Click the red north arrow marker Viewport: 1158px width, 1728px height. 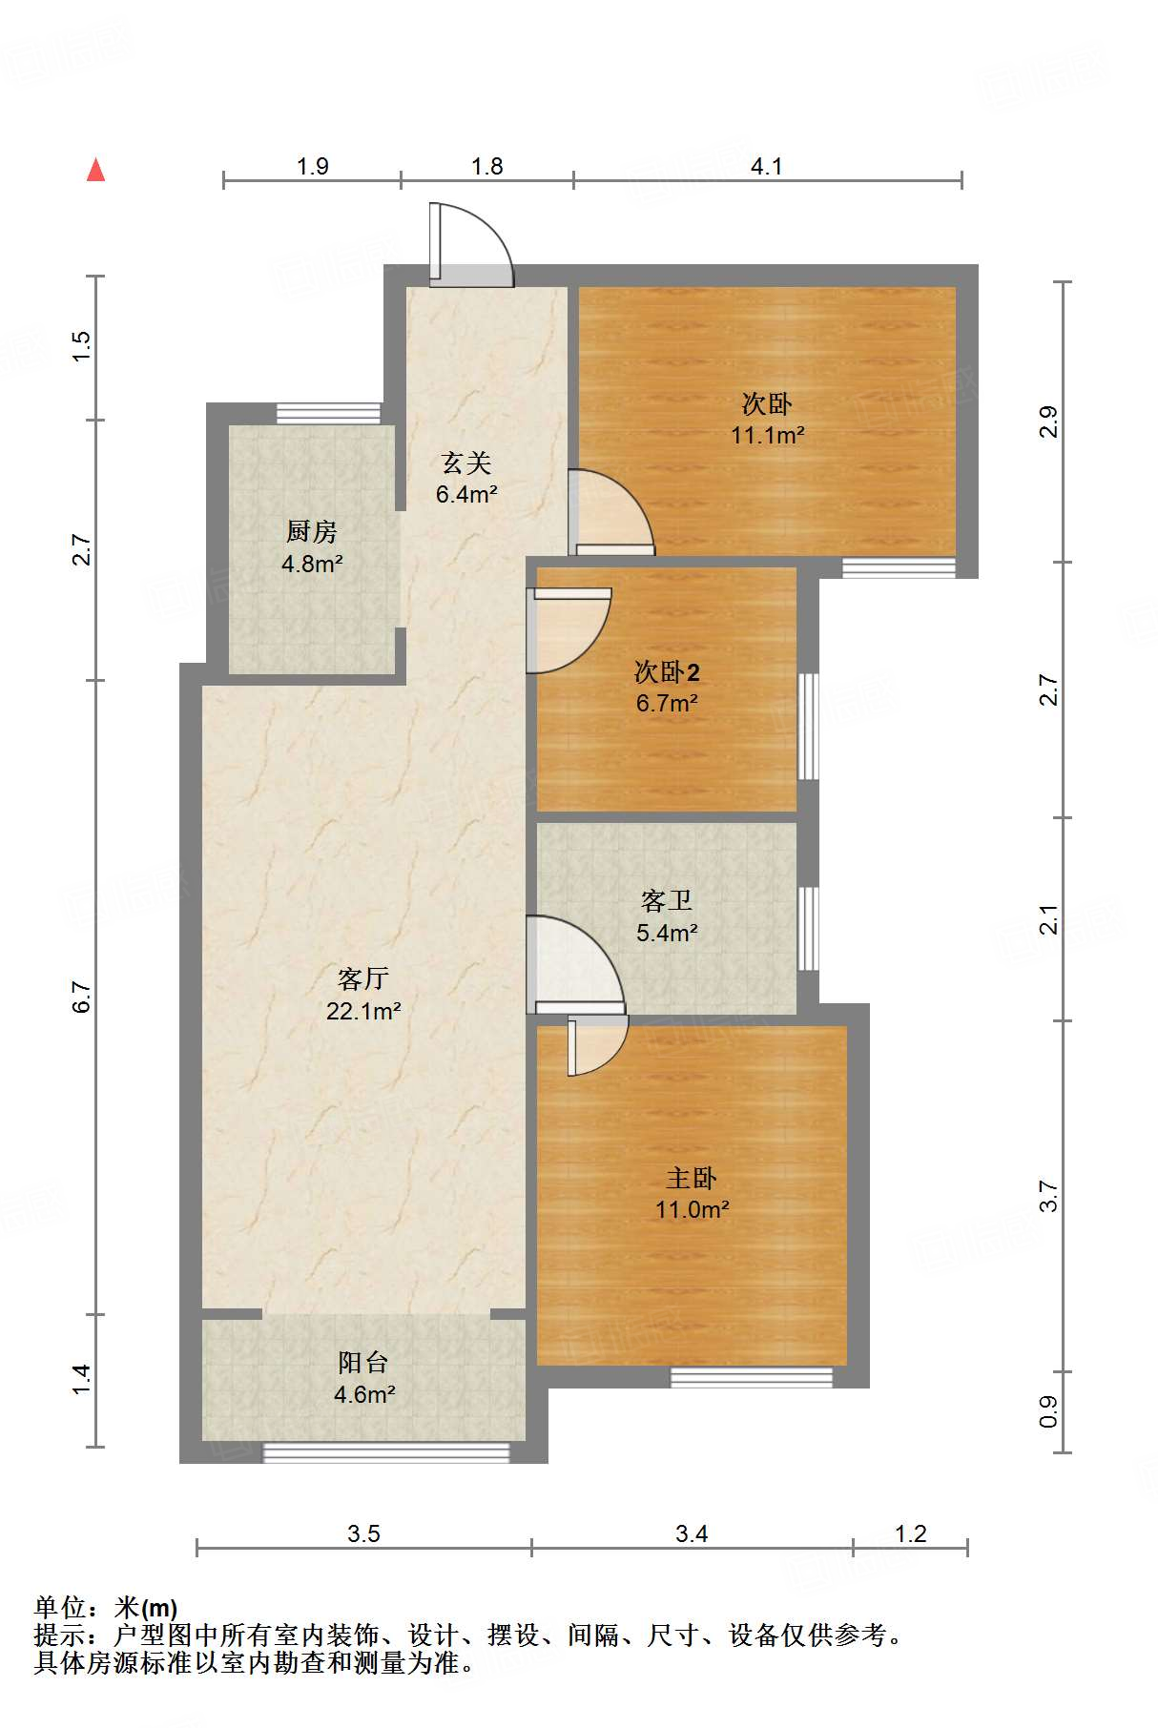[x=95, y=170]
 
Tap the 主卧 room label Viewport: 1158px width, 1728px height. [x=692, y=1179]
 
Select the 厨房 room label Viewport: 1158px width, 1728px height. [x=312, y=531]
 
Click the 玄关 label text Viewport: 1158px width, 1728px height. [x=466, y=463]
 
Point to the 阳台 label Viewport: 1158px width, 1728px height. [x=363, y=1363]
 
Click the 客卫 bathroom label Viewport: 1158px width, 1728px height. [x=667, y=900]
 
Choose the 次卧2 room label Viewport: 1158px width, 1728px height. [x=667, y=672]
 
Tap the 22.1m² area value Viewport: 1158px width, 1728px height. [x=363, y=1011]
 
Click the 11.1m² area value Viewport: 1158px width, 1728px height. [x=768, y=435]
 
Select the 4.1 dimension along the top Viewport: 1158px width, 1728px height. [x=767, y=167]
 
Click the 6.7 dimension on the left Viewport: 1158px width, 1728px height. [x=82, y=997]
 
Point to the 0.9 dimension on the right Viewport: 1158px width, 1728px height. [x=1048, y=1411]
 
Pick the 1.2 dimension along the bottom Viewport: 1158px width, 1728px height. [x=911, y=1533]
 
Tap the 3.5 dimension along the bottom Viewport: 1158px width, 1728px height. [x=363, y=1533]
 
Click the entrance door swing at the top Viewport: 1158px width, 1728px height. [x=471, y=244]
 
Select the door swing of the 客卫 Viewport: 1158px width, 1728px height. [x=575, y=964]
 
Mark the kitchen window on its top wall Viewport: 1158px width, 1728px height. [x=328, y=414]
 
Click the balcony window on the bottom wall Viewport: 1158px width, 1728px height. [x=386, y=1452]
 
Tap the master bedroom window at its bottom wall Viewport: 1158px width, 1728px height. [x=752, y=1377]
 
